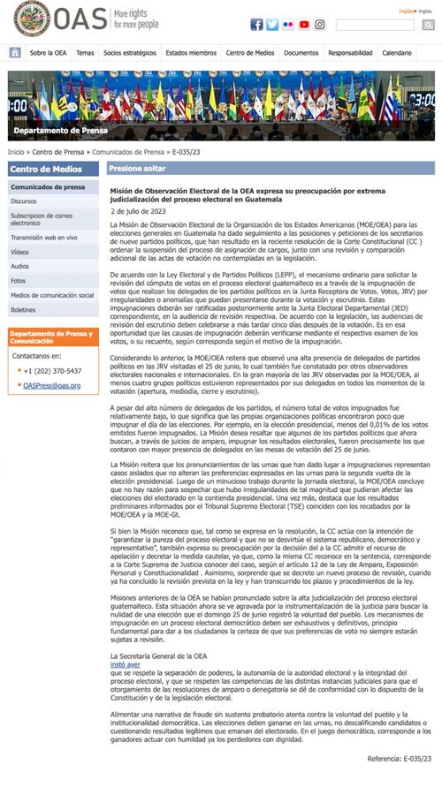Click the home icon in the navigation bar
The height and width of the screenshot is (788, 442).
coord(15,53)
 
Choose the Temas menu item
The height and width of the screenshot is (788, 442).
coord(85,53)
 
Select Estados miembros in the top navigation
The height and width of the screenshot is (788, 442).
coord(190,53)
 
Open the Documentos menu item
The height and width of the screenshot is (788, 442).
coord(301,53)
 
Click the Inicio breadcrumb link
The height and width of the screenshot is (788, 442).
coord(16,152)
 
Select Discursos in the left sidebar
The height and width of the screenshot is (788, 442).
coord(24,201)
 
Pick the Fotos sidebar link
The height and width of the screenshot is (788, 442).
coord(19,280)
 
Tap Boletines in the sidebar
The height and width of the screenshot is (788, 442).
coord(24,310)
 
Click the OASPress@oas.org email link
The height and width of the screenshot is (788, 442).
coord(51,386)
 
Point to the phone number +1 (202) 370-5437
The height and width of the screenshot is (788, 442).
coord(52,371)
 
